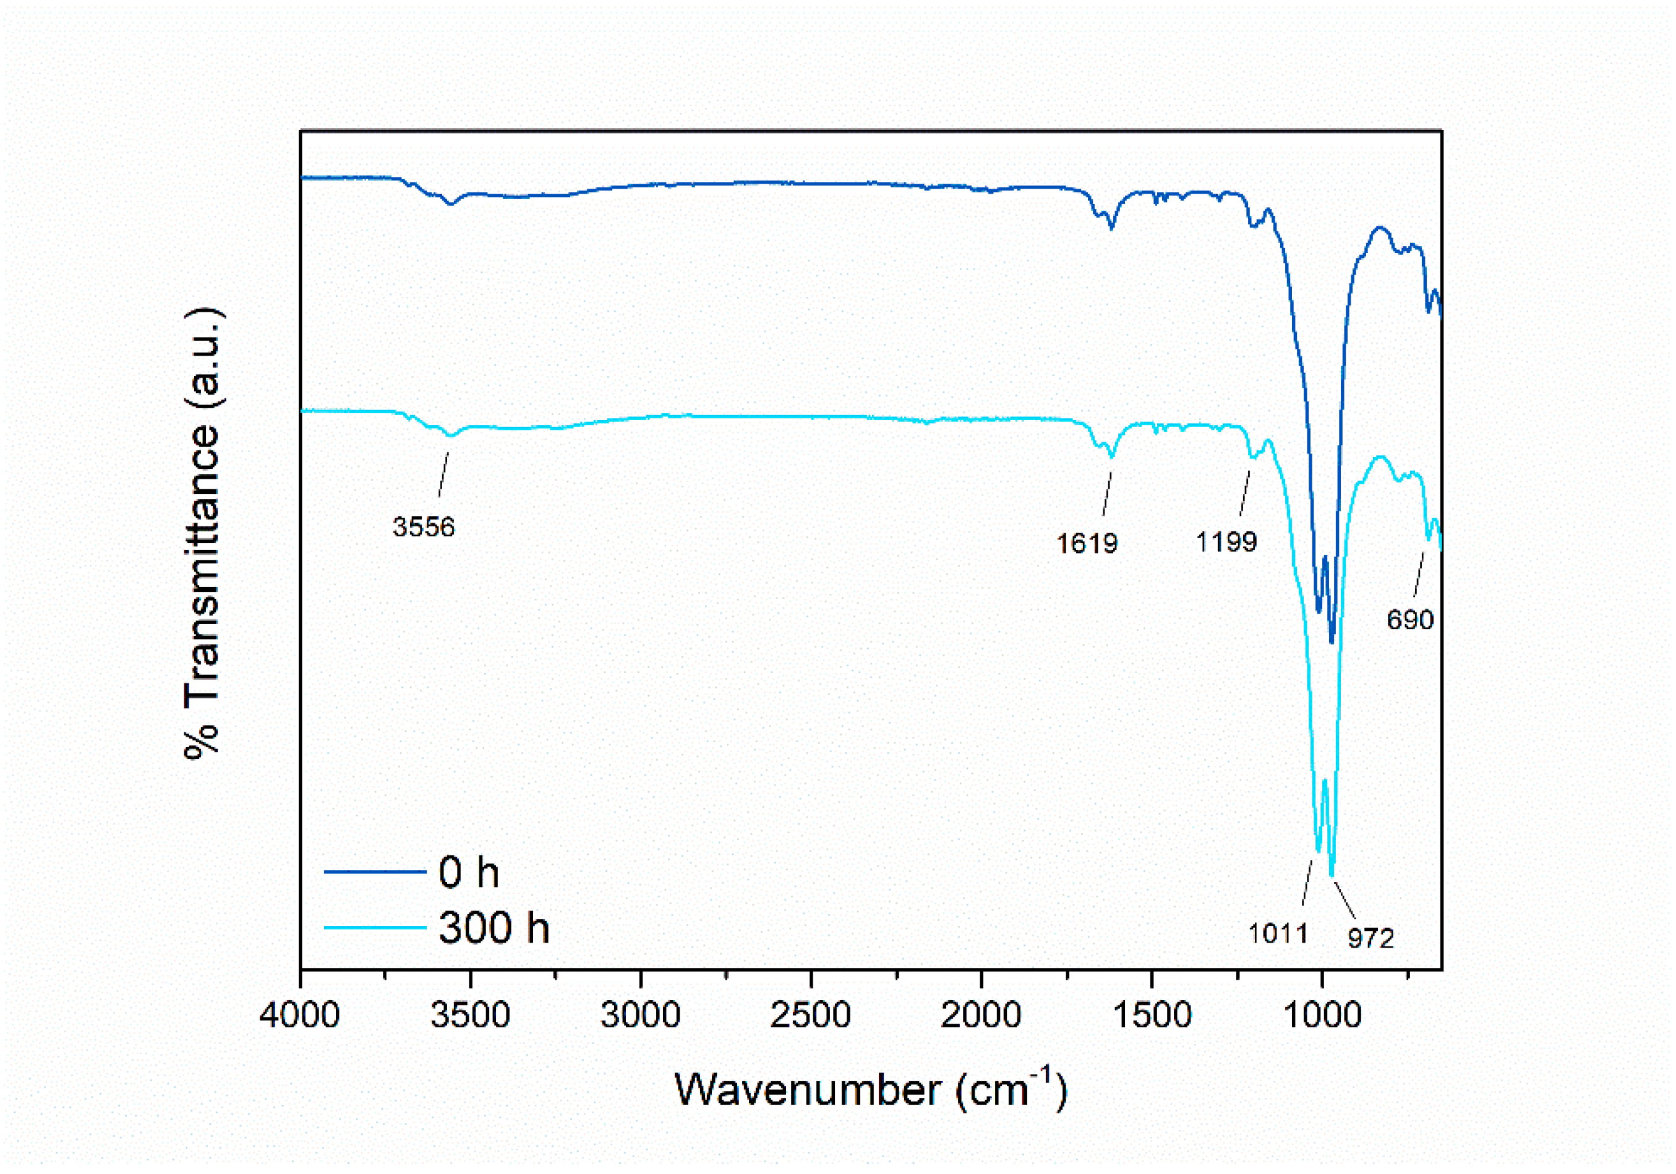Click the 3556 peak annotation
point(424,526)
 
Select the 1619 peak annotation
point(1087,543)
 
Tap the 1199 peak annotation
point(1226,541)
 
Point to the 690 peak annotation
point(1410,619)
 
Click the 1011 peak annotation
point(1278,932)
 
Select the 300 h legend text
point(494,928)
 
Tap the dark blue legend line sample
point(375,871)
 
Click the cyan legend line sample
point(375,928)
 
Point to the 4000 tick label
point(299,1015)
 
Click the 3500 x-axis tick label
point(470,1015)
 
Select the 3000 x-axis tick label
point(640,1015)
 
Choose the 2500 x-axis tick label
point(810,1015)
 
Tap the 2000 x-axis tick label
point(980,1015)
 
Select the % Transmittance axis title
point(202,533)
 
